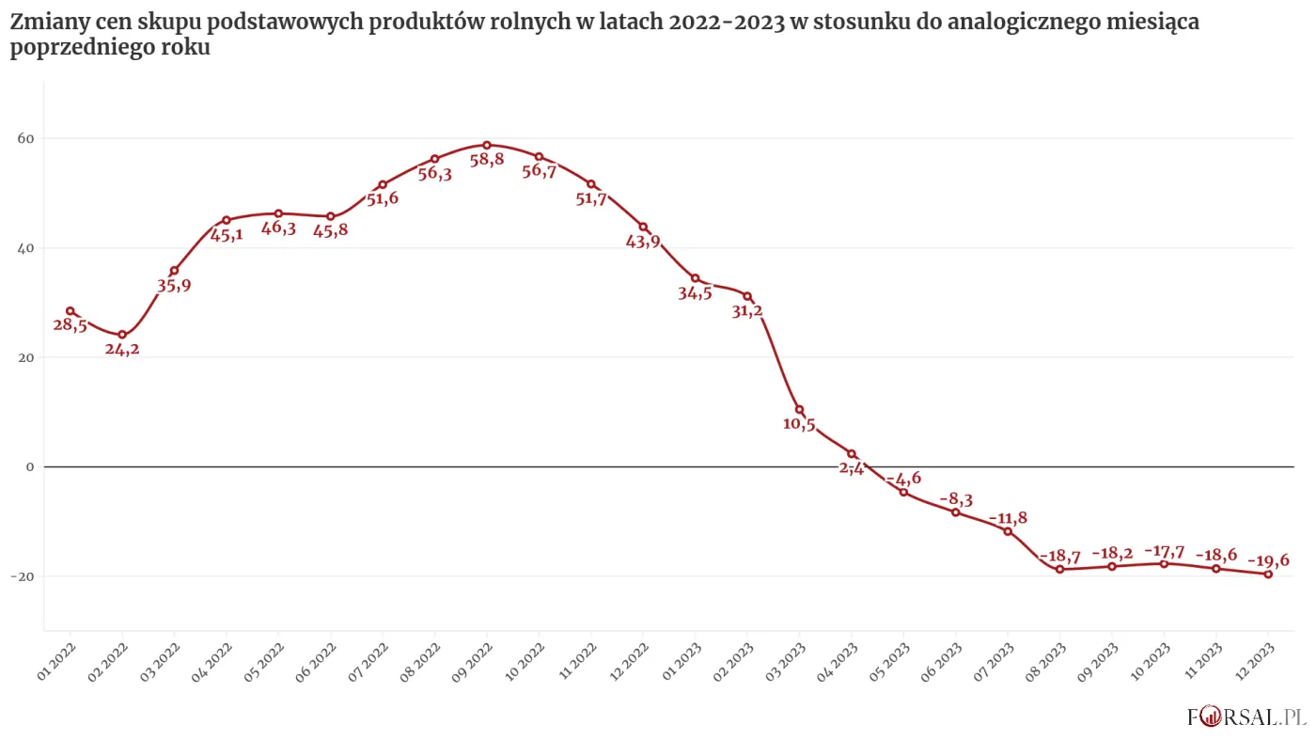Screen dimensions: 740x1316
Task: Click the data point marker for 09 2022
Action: pos(487,145)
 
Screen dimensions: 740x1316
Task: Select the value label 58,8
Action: pos(487,160)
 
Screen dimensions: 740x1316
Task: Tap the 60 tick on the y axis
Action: pos(25,138)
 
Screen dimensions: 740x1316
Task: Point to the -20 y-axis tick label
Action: pos(23,575)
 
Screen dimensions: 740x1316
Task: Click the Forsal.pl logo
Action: pos(1246,716)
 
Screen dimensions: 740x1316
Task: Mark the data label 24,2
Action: pos(122,350)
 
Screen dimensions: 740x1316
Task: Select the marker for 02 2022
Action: pos(122,335)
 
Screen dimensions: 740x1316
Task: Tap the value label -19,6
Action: pos(1268,560)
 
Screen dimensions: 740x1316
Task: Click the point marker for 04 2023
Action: pos(851,453)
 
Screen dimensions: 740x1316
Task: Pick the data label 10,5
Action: pos(799,424)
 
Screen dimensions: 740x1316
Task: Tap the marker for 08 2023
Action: pos(1059,569)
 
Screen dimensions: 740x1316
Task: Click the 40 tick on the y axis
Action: pos(25,248)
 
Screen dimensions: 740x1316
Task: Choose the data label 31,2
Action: pos(747,311)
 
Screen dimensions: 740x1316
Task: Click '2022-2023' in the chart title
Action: pos(727,23)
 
